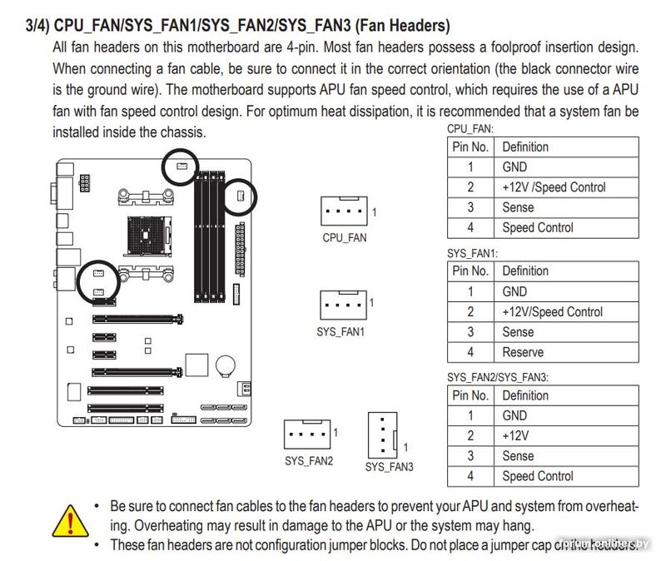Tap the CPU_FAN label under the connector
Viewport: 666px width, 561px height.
coord(345,237)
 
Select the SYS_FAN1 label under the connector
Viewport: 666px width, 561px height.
coord(341,331)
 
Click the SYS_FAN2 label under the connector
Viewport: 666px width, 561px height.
coord(308,460)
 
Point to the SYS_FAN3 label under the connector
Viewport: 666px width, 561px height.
coord(389,467)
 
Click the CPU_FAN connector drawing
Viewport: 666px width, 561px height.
coord(344,211)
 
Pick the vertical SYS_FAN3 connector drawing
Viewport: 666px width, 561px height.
coord(383,434)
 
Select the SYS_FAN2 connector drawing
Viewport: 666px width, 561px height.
coord(308,433)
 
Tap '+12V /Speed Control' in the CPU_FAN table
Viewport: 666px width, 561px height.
coord(554,187)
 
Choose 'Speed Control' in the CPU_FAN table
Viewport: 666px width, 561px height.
coord(538,227)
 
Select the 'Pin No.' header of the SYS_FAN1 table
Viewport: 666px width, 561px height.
coord(470,271)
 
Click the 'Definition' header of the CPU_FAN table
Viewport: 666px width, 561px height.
coord(525,146)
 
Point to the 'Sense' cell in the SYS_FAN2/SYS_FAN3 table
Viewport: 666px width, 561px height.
coord(518,456)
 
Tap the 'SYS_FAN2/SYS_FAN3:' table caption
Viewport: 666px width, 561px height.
coord(498,378)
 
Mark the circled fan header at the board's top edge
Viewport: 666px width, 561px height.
coord(181,166)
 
